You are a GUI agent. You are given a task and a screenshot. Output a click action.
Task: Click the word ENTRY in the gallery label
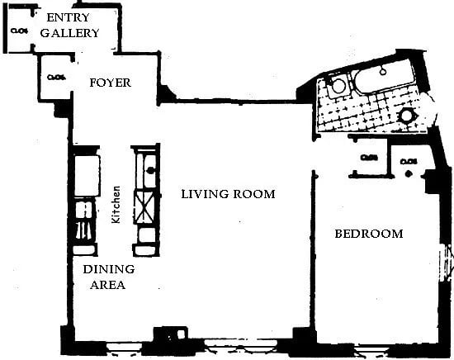tap(69, 17)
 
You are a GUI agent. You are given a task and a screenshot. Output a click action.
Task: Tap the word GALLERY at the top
tap(69, 33)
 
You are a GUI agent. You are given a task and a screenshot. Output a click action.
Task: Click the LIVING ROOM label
tap(228, 194)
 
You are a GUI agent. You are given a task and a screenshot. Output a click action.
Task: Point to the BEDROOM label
tap(368, 234)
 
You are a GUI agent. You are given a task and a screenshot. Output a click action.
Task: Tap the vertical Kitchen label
tap(117, 201)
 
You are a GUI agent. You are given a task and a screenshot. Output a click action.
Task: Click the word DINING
tap(108, 270)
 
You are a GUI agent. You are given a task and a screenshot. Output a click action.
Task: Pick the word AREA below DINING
tap(108, 286)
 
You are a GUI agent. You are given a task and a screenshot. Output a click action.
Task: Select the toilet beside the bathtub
tap(336, 86)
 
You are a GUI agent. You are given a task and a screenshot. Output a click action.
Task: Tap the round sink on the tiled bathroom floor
tap(406, 116)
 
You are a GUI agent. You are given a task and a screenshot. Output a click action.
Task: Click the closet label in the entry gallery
tap(21, 32)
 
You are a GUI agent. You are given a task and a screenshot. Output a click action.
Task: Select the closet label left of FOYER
tap(55, 78)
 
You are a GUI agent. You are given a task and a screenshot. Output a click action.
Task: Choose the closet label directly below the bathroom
tap(368, 157)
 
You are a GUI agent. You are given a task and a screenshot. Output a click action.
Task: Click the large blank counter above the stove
tap(86, 174)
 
